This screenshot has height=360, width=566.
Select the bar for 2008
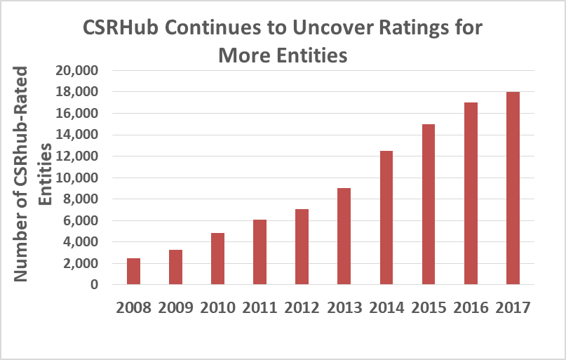click(133, 272)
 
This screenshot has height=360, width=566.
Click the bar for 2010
click(217, 259)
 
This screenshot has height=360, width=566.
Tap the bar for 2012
click(302, 247)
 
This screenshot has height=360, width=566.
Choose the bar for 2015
click(428, 204)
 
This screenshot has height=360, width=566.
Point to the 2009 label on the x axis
click(175, 307)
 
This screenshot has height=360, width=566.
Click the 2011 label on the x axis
click(260, 307)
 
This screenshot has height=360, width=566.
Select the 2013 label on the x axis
click(344, 307)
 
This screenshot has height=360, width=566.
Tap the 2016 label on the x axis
click(470, 307)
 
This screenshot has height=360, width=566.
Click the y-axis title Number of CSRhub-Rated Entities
click(34, 175)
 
